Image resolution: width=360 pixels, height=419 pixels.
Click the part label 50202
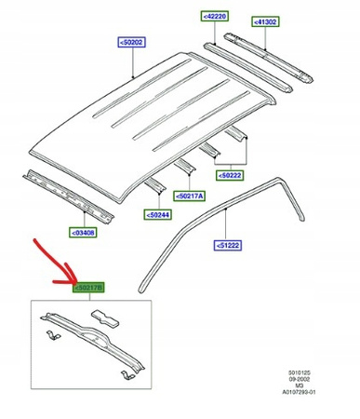pos(132,42)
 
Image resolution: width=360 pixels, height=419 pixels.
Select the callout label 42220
pos(215,16)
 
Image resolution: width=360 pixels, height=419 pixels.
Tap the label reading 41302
pos(265,21)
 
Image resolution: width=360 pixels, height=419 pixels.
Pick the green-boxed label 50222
pos(230,175)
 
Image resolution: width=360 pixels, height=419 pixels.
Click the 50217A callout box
pos(189,196)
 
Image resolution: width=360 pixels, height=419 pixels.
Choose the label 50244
pos(158,215)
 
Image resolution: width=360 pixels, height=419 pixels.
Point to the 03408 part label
pos(83,233)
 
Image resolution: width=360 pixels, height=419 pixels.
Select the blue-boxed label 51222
pos(228,245)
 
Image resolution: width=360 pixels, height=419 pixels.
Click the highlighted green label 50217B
pos(88,288)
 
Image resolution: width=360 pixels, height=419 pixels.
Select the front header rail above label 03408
pos(68,196)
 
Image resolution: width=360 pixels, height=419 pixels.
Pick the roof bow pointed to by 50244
pos(154,185)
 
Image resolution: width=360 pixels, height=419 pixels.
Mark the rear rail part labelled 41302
pos(269,58)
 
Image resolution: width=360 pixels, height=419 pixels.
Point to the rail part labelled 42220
pos(247,67)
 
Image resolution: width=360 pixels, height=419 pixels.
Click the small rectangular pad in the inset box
pos(105,318)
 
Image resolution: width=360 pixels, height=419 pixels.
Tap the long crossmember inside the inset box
pos(93,341)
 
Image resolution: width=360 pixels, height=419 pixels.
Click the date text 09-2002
pos(300,379)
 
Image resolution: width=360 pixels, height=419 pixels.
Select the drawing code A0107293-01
pos(299,392)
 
